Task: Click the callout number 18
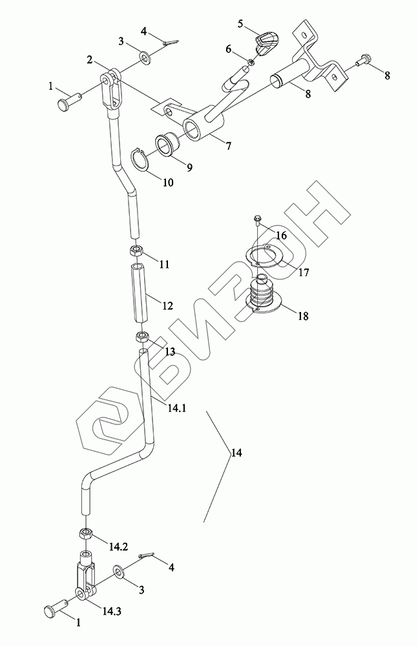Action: [303, 317]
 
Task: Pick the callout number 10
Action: [167, 182]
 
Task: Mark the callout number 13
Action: [169, 351]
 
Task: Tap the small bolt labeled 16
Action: [258, 220]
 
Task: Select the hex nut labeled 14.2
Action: [85, 534]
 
